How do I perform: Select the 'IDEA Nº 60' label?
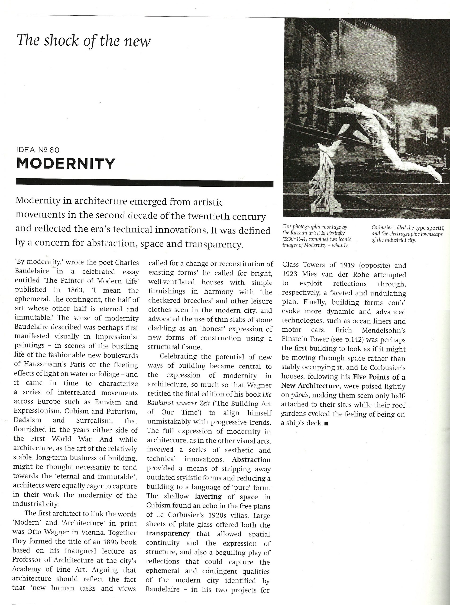click(x=38, y=150)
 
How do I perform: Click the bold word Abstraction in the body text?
click(x=251, y=460)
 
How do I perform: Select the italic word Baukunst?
click(x=160, y=403)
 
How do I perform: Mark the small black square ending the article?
click(x=327, y=423)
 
